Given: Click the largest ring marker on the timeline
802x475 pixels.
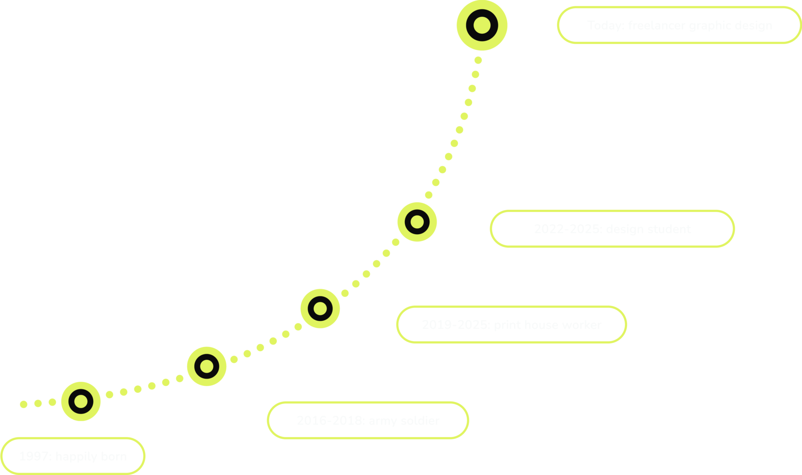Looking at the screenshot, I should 482,25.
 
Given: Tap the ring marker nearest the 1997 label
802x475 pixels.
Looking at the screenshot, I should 81,401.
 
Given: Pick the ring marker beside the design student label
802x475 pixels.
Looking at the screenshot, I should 417,222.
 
